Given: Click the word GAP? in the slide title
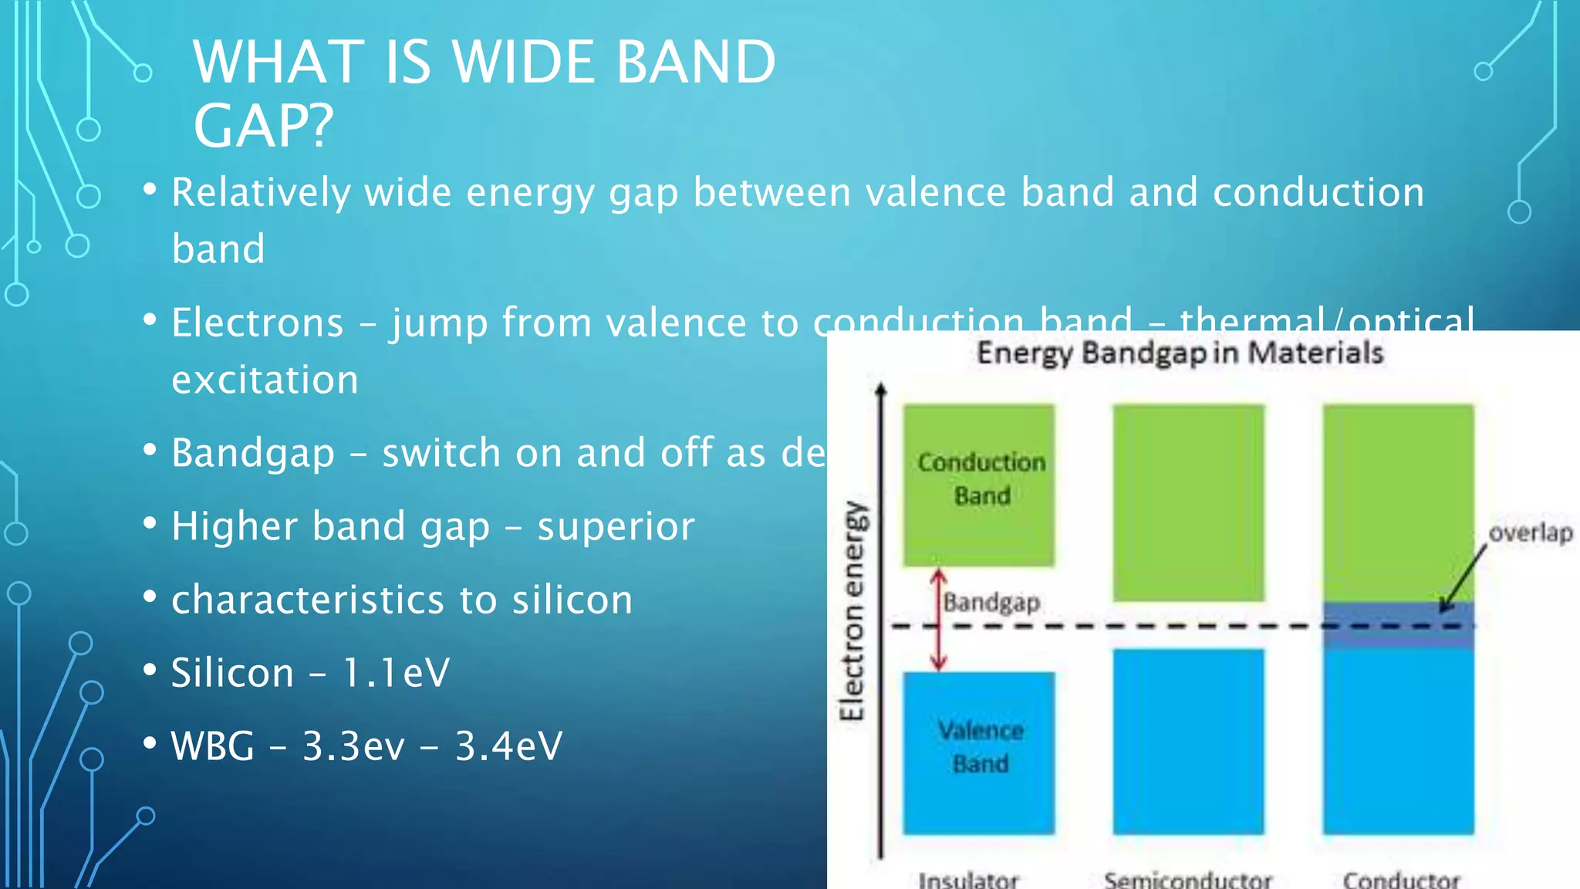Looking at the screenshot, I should tap(263, 126).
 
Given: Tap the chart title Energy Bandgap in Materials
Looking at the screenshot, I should tap(1180, 353).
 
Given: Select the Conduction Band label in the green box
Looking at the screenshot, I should tap(981, 478).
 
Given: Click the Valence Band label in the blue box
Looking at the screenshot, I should tap(981, 746).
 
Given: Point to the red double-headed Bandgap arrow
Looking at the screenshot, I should tap(938, 620).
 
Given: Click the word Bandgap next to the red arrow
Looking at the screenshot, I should tap(992, 602).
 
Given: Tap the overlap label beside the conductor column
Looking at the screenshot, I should tap(1531, 532).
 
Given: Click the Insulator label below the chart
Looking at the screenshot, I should tap(968, 879).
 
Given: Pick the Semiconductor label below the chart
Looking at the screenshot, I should tap(1187, 879).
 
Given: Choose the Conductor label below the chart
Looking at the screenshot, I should tap(1401, 879).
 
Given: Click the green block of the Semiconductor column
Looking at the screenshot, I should tap(1188, 502).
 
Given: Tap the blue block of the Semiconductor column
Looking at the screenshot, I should tap(1188, 741).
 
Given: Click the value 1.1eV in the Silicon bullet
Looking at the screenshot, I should tap(396, 672).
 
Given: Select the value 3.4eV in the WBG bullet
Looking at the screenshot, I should tap(509, 745).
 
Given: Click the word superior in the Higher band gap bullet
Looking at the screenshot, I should tap(616, 526).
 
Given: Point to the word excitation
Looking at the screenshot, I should tap(265, 380).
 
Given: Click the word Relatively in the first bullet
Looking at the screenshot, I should tap(261, 192).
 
